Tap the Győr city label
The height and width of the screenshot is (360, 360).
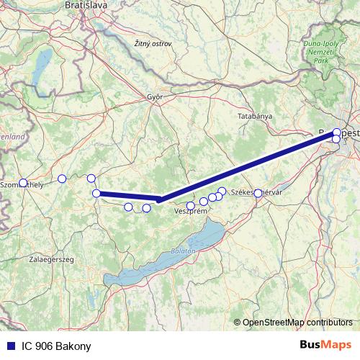155,96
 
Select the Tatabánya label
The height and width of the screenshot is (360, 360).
255,115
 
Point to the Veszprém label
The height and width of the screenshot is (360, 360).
191,212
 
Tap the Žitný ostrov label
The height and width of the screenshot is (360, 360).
153,45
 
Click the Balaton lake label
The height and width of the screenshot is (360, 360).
183,251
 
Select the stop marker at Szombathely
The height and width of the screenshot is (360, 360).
23,183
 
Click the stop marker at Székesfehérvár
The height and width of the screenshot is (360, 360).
258,193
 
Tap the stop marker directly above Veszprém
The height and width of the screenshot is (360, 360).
190,205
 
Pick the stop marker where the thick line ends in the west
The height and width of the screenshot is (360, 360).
96,193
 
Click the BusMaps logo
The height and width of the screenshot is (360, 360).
325,346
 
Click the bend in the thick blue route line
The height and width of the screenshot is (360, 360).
159,199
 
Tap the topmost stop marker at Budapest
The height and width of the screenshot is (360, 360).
337,132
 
